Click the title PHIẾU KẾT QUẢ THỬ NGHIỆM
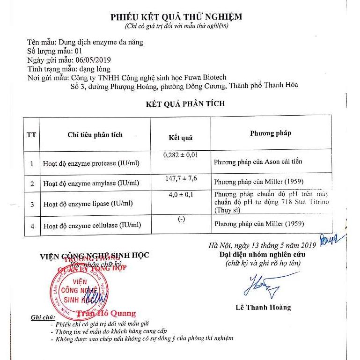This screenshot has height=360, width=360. pyautogui.click(x=176, y=17)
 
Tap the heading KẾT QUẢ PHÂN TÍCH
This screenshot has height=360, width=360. pyautogui.click(x=185, y=103)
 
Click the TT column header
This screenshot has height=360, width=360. pyautogui.click(x=31, y=135)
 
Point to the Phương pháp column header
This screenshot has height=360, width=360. pyautogui.click(x=270, y=133)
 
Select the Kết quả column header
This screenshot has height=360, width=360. pyautogui.click(x=180, y=138)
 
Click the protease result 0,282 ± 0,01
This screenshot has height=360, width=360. pyautogui.click(x=181, y=154)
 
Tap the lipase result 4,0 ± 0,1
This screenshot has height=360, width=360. pyautogui.click(x=181, y=194)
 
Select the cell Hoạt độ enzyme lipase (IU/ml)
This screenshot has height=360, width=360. pyautogui.click(x=88, y=204)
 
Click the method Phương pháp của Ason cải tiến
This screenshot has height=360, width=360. pyautogui.click(x=258, y=162)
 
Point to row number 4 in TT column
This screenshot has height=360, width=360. pyautogui.click(x=32, y=226)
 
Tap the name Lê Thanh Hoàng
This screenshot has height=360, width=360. pyautogui.click(x=263, y=308)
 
